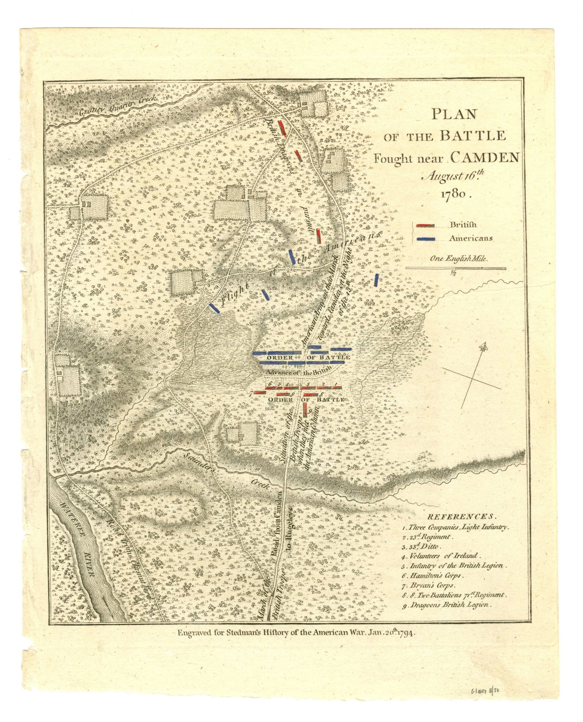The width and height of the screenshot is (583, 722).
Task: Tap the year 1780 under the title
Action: [456, 194]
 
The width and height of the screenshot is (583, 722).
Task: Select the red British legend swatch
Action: [424, 225]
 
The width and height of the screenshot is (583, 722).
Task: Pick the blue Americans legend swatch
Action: [424, 239]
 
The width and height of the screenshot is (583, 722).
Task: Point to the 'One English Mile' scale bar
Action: [456, 268]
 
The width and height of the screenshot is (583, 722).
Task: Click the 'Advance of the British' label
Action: [298, 372]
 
